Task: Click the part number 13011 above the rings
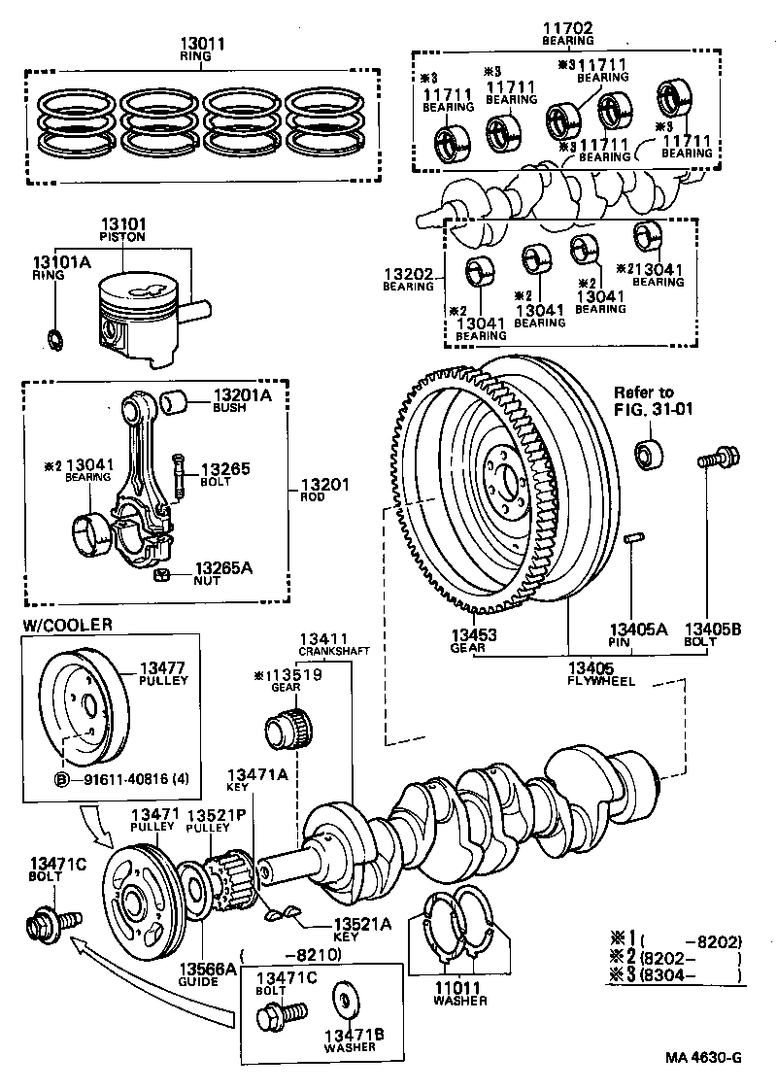pyautogui.click(x=203, y=44)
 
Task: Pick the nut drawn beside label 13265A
pyautogui.click(x=162, y=574)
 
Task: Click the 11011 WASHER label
pyautogui.click(x=459, y=994)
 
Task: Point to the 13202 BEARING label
pyautogui.click(x=407, y=280)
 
